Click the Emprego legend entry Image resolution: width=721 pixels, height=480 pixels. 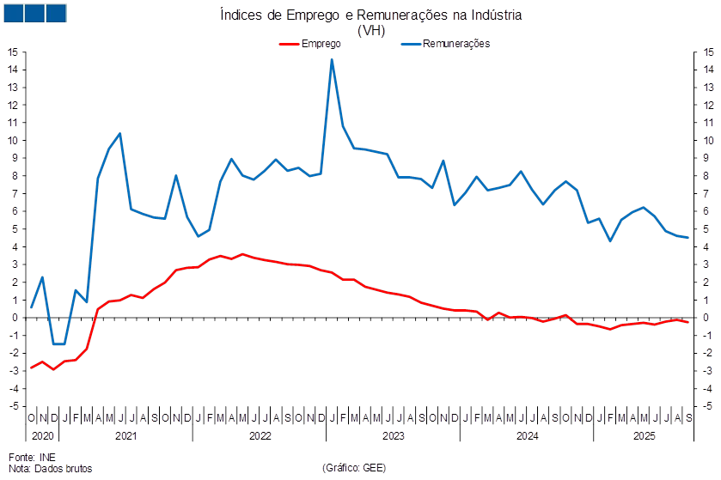(x=315, y=43)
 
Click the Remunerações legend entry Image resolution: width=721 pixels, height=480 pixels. (x=455, y=43)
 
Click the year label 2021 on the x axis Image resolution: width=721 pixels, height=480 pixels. (x=125, y=436)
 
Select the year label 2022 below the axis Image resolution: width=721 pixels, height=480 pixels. (x=259, y=436)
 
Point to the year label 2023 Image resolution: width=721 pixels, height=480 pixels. (x=393, y=436)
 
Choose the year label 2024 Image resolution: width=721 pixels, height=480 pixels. (x=526, y=436)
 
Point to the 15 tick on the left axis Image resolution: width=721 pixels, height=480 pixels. (x=14, y=52)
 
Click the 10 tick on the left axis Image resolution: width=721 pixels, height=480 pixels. (x=14, y=140)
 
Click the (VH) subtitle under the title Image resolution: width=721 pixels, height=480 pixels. (x=372, y=30)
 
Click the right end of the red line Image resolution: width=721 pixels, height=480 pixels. (x=688, y=321)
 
